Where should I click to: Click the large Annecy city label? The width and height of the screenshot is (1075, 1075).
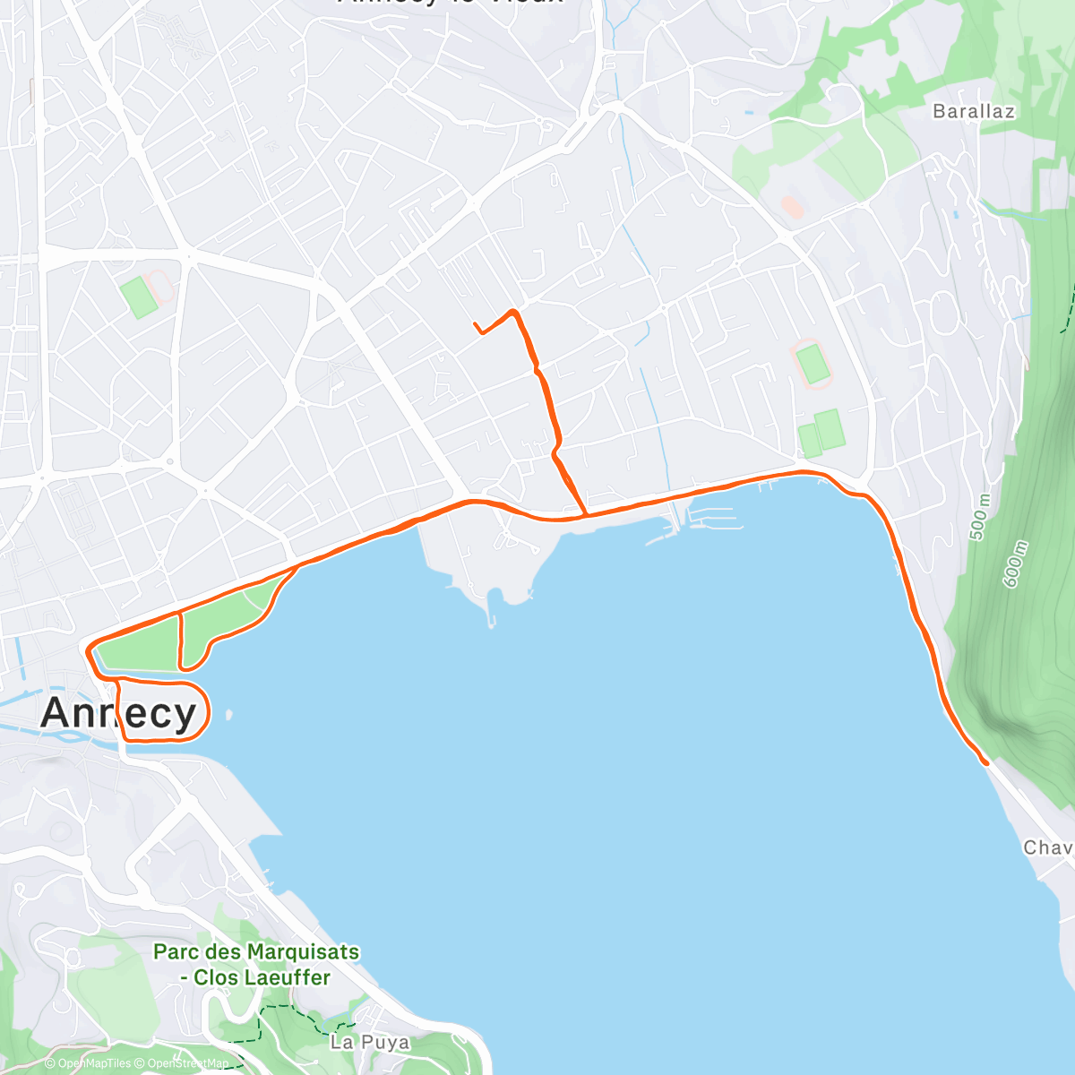point(118,713)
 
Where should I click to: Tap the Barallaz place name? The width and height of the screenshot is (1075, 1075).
point(974,112)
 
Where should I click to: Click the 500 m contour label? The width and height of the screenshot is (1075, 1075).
point(979,519)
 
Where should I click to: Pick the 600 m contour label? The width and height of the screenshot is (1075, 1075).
point(1016,564)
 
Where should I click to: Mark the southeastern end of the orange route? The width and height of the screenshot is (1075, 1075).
point(985,762)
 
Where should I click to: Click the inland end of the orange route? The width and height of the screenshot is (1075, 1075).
point(474,323)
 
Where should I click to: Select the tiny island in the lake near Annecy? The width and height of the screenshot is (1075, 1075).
point(230,715)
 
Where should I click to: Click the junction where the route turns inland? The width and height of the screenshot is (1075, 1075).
point(586,514)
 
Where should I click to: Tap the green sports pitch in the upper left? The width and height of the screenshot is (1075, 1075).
point(140,297)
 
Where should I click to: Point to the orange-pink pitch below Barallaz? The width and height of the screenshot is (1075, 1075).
point(792,207)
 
